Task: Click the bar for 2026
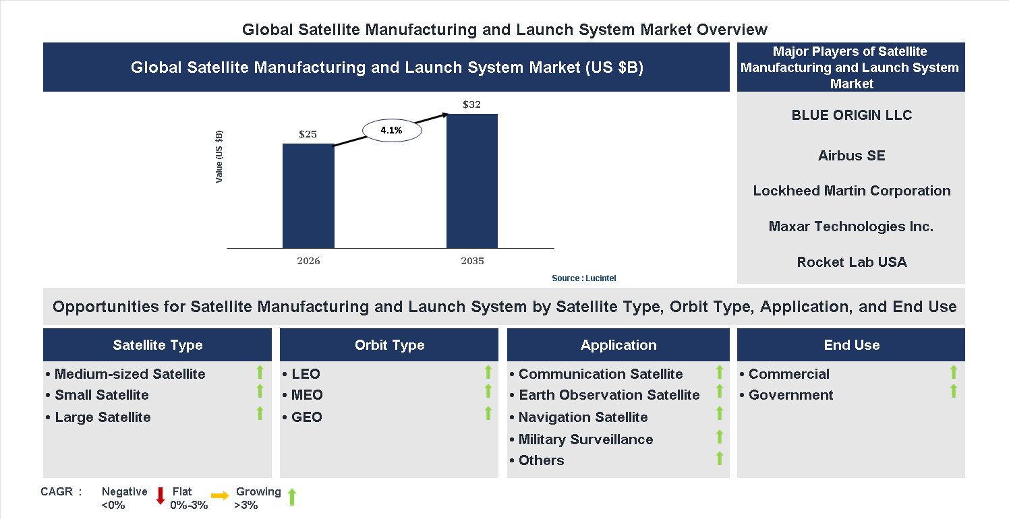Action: coord(308,195)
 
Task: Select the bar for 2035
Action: coord(472,181)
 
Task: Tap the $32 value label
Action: coord(472,104)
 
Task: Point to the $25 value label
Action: coord(308,134)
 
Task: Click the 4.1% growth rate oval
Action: coord(392,130)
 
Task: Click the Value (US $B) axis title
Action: coord(219,157)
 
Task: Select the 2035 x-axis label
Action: coord(472,261)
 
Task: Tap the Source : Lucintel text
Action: coord(583,278)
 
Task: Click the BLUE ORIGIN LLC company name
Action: coord(851,115)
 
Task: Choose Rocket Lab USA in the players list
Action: coord(851,262)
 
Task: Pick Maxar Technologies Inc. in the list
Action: coord(851,226)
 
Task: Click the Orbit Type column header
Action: coord(389,345)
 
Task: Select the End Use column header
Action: coord(851,345)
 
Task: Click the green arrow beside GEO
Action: coord(488,413)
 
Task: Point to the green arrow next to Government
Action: coord(953,391)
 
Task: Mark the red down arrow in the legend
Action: coord(161,496)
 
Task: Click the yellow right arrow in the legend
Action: coord(220,496)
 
